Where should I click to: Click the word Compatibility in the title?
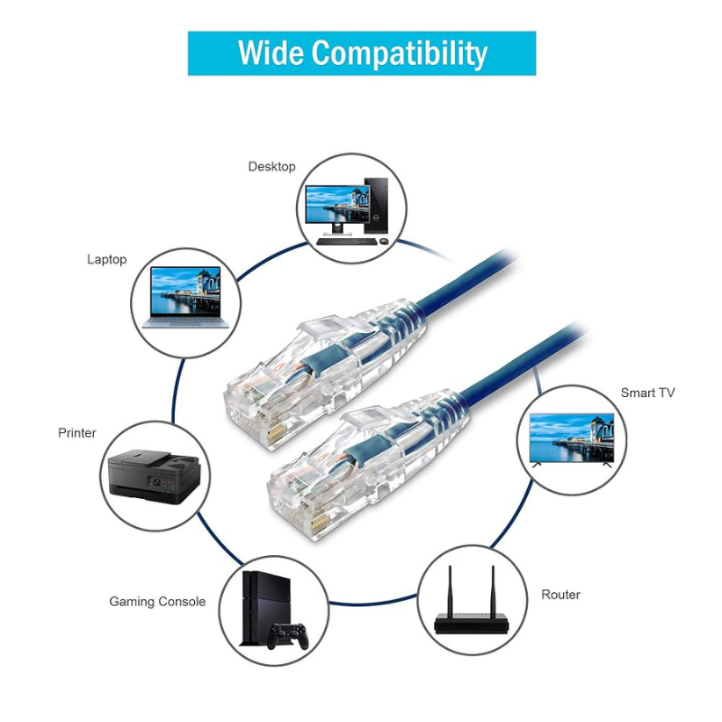pyautogui.click(x=401, y=54)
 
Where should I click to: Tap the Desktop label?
pyautogui.click(x=272, y=166)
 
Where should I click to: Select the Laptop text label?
pyautogui.click(x=106, y=259)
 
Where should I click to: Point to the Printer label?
pyautogui.click(x=77, y=433)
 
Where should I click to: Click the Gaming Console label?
pyautogui.click(x=157, y=601)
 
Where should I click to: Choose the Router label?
pyautogui.click(x=560, y=595)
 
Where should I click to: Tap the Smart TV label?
pyautogui.click(x=647, y=393)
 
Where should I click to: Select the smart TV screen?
pyautogui.click(x=570, y=437)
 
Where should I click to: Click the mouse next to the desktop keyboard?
pyautogui.click(x=384, y=242)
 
